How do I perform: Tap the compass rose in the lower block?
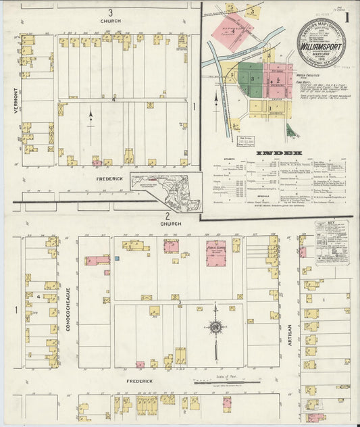[x=215, y=328]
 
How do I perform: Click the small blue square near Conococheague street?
[x=116, y=258]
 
